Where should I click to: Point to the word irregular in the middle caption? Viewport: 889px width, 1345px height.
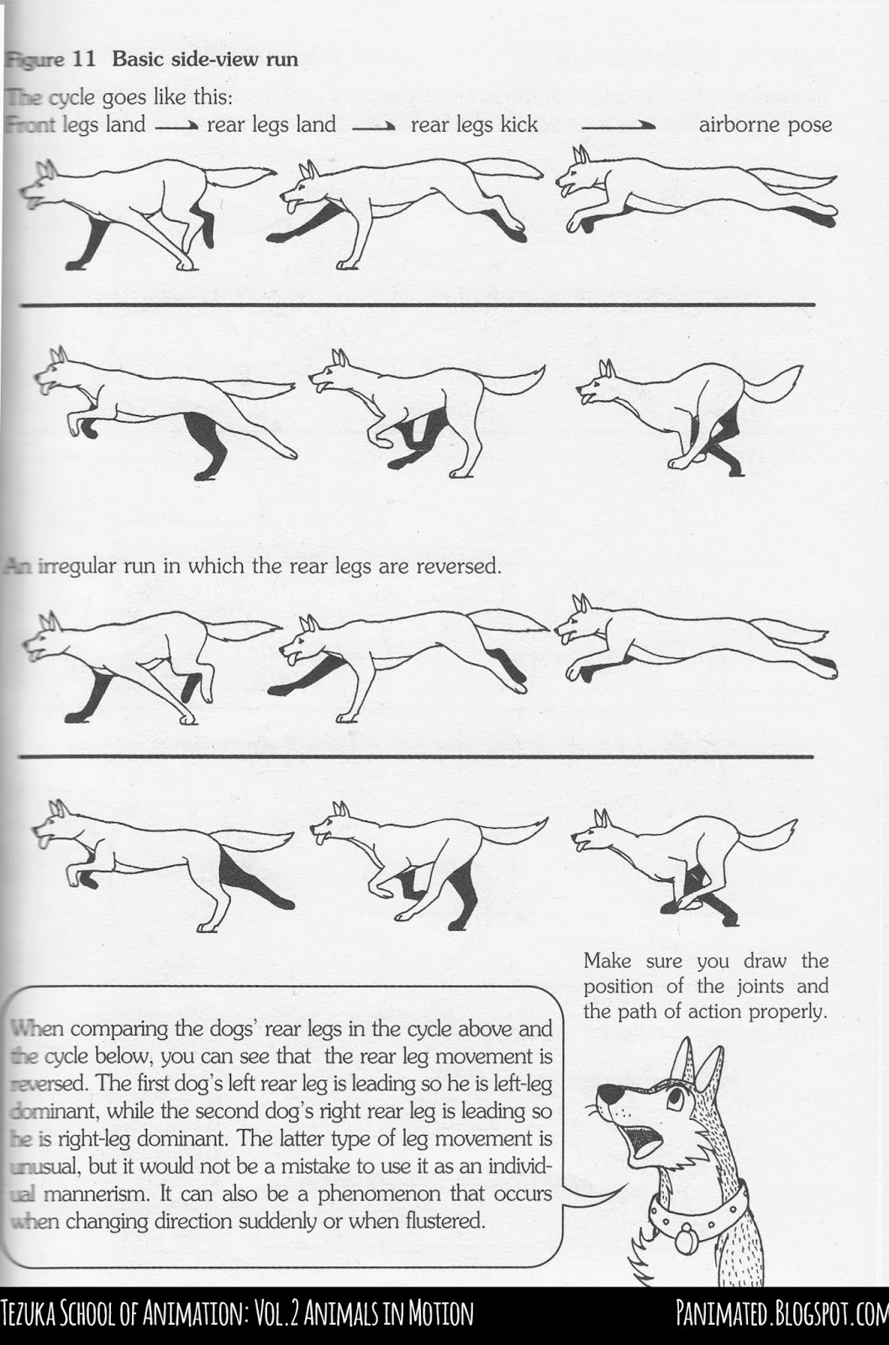(x=79, y=565)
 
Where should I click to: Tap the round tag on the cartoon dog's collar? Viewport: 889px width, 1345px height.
(x=683, y=1240)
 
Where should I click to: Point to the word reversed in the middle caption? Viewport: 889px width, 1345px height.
(x=460, y=565)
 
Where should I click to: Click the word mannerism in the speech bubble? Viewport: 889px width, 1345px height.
(x=93, y=1194)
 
